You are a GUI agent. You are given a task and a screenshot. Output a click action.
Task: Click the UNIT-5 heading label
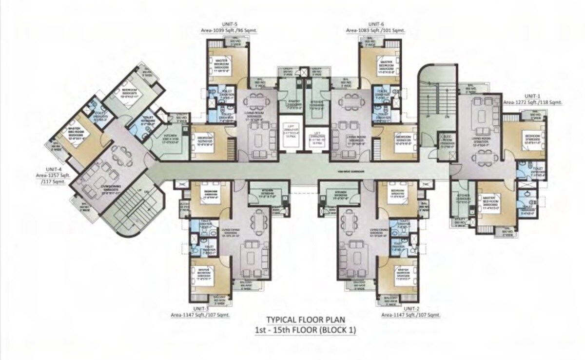229,23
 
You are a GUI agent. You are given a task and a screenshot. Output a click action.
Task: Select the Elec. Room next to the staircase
446,140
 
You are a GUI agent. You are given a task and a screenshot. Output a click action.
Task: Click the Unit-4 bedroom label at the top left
130,92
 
